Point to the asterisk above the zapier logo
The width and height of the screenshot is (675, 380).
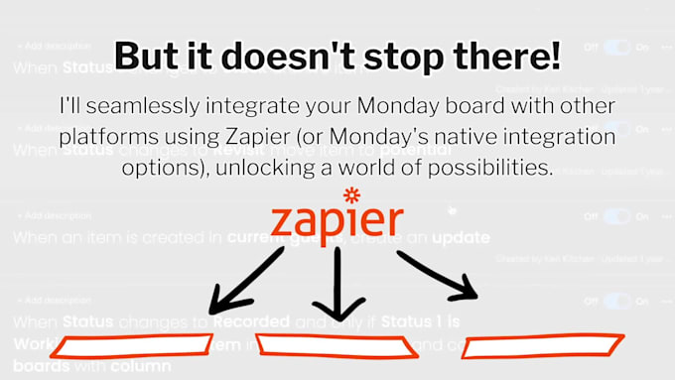[x=348, y=192]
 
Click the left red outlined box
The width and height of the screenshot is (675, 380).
[x=131, y=346]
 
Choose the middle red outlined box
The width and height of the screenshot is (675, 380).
[x=335, y=346]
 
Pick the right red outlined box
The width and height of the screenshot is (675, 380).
[x=542, y=347]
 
